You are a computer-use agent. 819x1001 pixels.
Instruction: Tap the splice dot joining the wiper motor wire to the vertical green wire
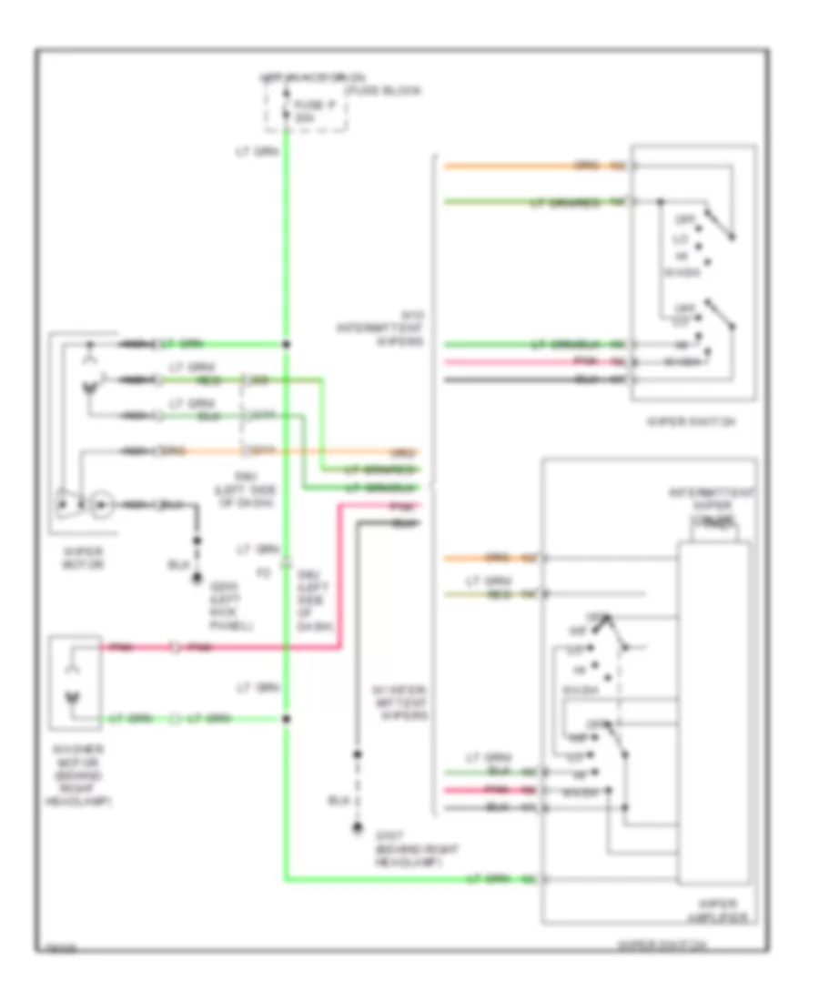click(286, 344)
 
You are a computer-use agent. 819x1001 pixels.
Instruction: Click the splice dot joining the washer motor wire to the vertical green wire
click(286, 719)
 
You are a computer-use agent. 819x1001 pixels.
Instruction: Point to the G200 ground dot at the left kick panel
click(195, 577)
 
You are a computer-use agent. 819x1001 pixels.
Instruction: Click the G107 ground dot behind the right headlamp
click(357, 828)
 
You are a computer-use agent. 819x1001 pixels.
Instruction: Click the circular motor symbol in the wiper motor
click(101, 502)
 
